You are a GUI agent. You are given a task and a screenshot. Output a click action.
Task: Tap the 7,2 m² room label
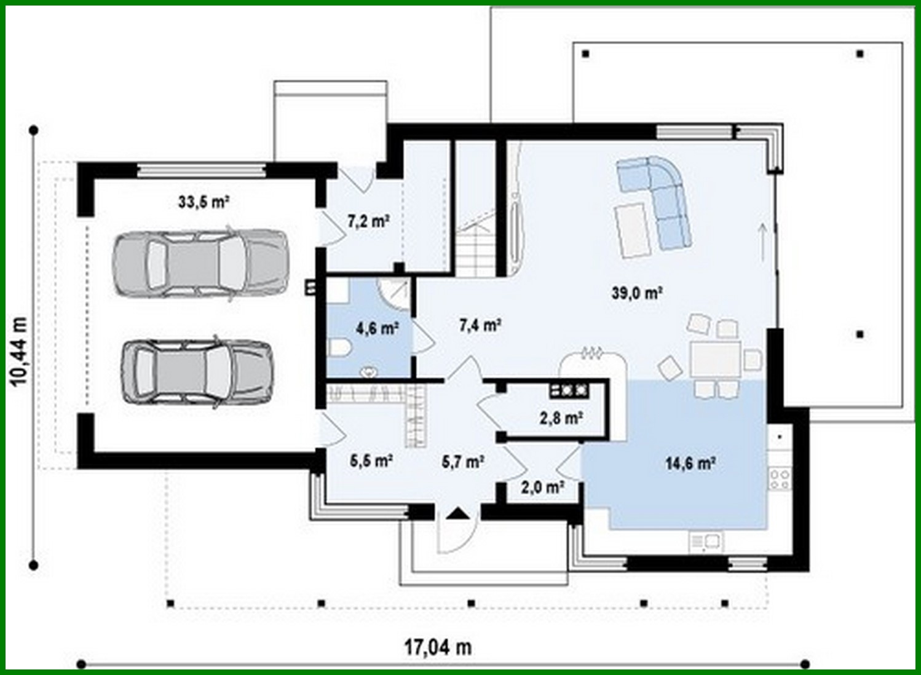pos(368,221)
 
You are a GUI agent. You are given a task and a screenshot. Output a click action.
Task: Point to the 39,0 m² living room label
pos(636,293)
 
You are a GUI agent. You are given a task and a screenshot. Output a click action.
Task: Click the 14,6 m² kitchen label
pos(689,463)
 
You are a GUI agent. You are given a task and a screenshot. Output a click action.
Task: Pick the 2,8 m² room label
pos(561,418)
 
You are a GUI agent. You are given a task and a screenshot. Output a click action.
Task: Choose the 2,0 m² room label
pos(543,487)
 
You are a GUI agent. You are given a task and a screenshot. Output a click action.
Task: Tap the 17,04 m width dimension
pos(438,647)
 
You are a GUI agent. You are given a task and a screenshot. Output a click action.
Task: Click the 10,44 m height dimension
pos(19,351)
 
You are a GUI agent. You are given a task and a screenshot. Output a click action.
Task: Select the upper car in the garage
pos(200,264)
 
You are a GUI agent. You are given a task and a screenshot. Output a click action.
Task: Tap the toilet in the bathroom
pos(339,349)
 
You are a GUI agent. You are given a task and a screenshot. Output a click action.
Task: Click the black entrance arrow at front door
pos(457,513)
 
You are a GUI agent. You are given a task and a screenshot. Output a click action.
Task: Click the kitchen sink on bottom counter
pos(706,542)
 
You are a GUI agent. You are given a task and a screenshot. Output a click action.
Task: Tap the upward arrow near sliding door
pos(762,242)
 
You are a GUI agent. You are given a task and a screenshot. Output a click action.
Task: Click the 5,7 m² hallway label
pos(462,461)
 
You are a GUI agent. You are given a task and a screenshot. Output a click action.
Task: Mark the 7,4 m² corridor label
pos(480,324)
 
